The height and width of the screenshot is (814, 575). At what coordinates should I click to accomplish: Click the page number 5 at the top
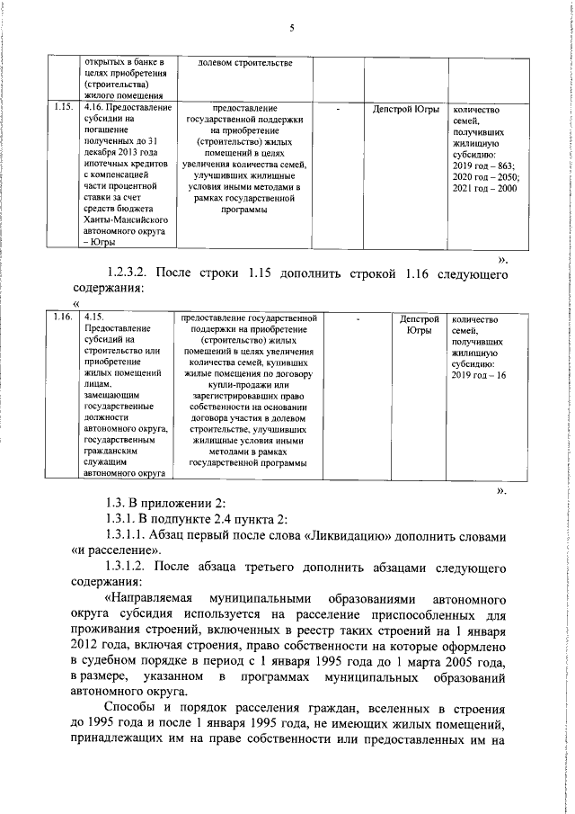click(292, 29)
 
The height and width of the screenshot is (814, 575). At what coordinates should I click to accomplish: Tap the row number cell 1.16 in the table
click(62, 318)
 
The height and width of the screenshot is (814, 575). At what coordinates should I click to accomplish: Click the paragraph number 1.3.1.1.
click(134, 535)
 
